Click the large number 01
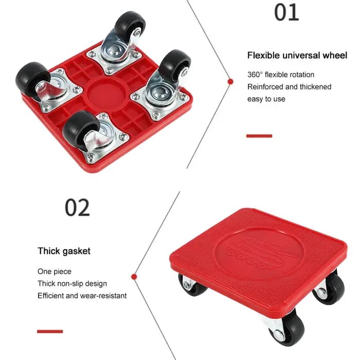[x=286, y=12]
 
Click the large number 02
[x=77, y=208]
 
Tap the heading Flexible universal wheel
[x=297, y=56]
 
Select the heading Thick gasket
[x=64, y=251]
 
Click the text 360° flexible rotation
[x=281, y=75]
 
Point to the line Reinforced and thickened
[x=289, y=87]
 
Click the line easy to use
[x=266, y=99]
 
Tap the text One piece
[x=55, y=272]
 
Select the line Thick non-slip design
[x=73, y=283]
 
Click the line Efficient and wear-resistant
[x=82, y=296]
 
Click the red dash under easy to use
[x=259, y=136]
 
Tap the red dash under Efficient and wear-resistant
[x=50, y=331]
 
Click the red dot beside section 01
[x=230, y=81]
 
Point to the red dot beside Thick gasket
[x=134, y=277]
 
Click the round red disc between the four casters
[x=106, y=94]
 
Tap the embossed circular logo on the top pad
[x=259, y=253]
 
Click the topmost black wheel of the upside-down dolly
[x=130, y=24]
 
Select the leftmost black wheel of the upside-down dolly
[x=32, y=79]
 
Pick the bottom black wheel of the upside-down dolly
[x=80, y=130]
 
